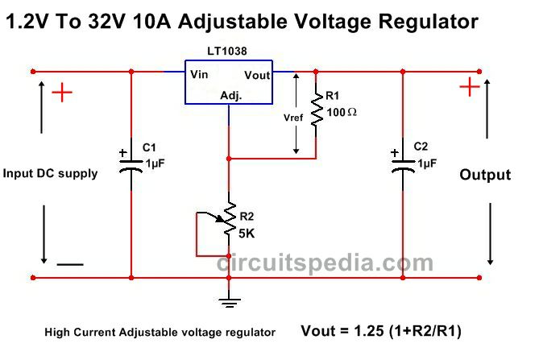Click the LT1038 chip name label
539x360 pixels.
pyautogui.click(x=227, y=52)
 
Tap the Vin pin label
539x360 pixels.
pyautogui.click(x=199, y=74)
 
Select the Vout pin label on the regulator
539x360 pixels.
pyautogui.click(x=257, y=75)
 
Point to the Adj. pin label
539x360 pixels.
pyautogui.click(x=231, y=95)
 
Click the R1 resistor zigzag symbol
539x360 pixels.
pyautogui.click(x=316, y=110)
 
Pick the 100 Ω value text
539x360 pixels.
pyautogui.click(x=342, y=112)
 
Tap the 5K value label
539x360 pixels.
pyautogui.click(x=247, y=234)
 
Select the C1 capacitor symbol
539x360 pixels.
pyautogui.click(x=131, y=165)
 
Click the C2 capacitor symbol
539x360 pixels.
pyautogui.click(x=403, y=164)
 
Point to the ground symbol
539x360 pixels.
pyautogui.click(x=230, y=302)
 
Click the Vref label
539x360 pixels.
pyautogui.click(x=293, y=118)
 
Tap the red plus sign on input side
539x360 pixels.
pyautogui.click(x=62, y=93)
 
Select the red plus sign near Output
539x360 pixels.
pyautogui.click(x=470, y=86)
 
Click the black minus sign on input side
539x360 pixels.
pyautogui.click(x=70, y=264)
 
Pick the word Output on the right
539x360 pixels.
pyautogui.click(x=485, y=175)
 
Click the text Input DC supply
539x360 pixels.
pyautogui.click(x=50, y=173)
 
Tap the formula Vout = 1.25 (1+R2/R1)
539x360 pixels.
pyautogui.click(x=381, y=331)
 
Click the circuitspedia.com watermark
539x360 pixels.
pyautogui.click(x=325, y=263)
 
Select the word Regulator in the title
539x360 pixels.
pyautogui.click(x=429, y=21)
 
